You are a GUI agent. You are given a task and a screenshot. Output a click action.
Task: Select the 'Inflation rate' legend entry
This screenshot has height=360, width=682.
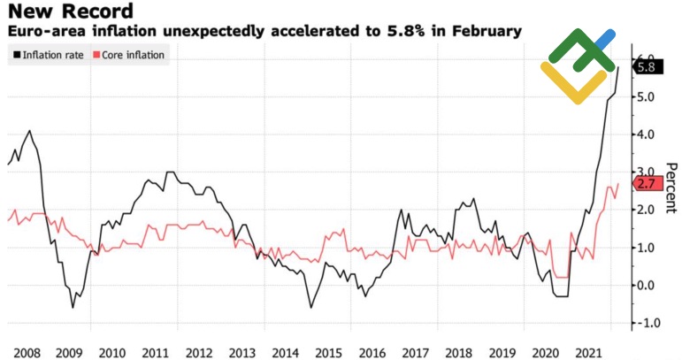point(48,54)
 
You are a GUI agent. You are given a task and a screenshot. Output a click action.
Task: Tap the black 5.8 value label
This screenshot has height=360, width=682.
point(646,67)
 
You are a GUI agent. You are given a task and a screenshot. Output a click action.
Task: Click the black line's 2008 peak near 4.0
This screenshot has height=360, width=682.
point(30,131)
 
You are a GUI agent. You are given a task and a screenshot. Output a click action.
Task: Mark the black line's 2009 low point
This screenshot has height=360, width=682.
point(73,307)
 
